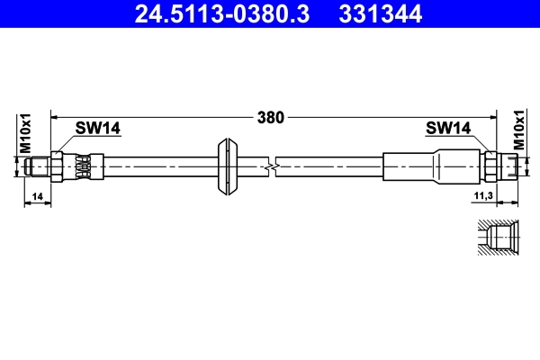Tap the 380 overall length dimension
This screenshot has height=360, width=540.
tap(271, 116)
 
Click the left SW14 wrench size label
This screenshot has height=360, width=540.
tap(97, 129)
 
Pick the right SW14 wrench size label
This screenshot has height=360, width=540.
tap(448, 129)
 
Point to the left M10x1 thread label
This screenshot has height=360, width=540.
tap(26, 133)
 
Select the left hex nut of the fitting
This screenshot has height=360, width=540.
tap(58, 166)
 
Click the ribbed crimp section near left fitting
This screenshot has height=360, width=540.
tap(83, 166)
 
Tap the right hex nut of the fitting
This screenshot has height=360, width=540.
tap(490, 166)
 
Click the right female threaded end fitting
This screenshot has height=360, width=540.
tap(509, 166)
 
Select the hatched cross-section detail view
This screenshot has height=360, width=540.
tap(496, 237)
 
